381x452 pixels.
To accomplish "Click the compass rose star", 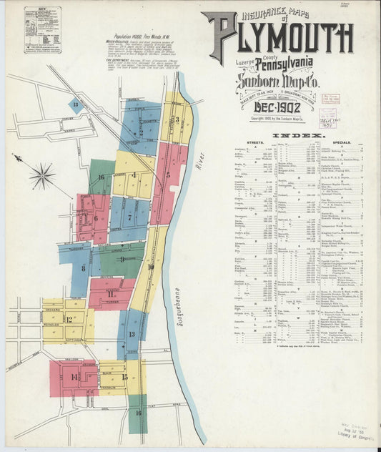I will click(x=43, y=175).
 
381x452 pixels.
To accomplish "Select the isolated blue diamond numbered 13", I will click(x=74, y=104).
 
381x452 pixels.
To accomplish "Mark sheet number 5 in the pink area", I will click(x=168, y=174).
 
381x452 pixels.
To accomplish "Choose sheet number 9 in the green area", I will click(x=122, y=259).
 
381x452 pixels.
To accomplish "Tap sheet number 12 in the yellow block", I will click(x=69, y=319).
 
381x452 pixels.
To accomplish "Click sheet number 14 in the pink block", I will click(x=74, y=376).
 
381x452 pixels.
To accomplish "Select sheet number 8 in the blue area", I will click(x=83, y=268).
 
